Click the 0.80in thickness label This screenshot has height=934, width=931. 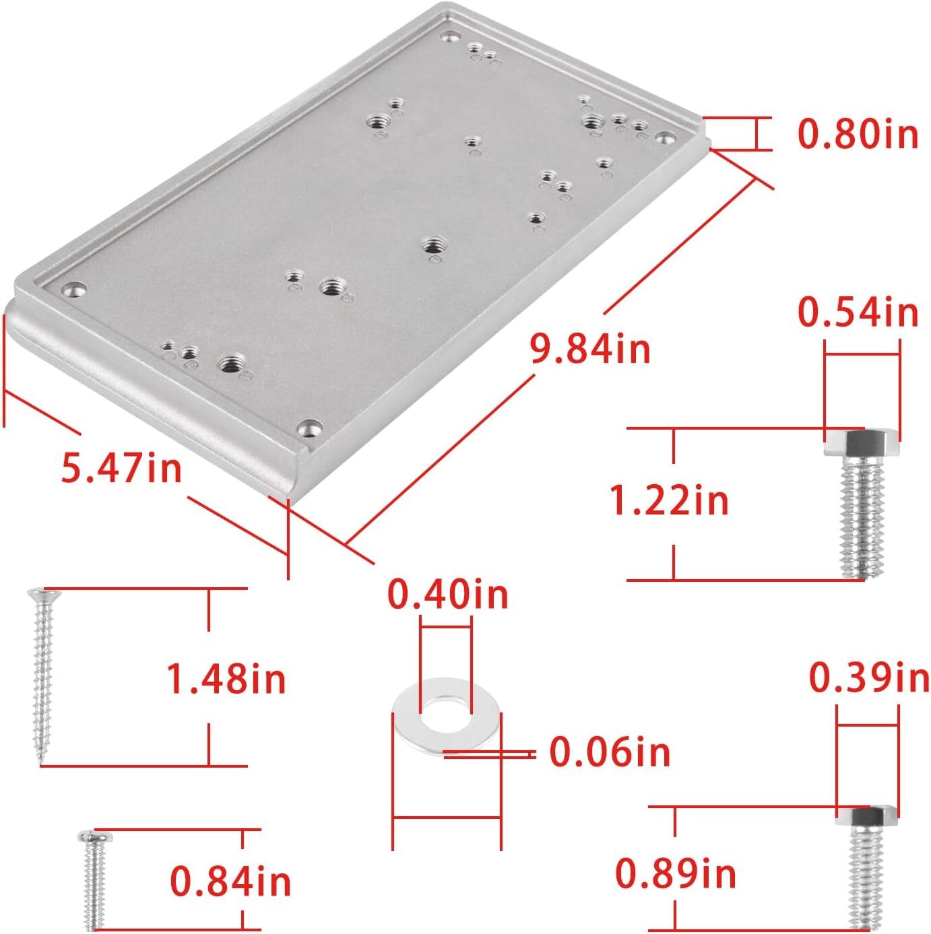(858, 134)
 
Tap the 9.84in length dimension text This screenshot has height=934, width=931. (590, 349)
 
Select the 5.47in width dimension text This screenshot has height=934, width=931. (121, 467)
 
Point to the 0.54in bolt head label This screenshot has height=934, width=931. (858, 312)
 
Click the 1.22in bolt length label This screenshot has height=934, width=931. (668, 501)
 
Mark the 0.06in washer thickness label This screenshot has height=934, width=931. (610, 752)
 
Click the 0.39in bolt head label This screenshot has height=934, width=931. (868, 677)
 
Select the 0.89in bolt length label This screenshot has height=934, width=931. (675, 874)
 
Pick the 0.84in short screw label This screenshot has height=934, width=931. (230, 881)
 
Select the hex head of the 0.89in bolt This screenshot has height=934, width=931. (866, 818)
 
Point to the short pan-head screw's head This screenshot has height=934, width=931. (94, 837)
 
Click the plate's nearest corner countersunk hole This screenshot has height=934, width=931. (310, 428)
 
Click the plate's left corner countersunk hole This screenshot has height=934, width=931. (74, 290)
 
